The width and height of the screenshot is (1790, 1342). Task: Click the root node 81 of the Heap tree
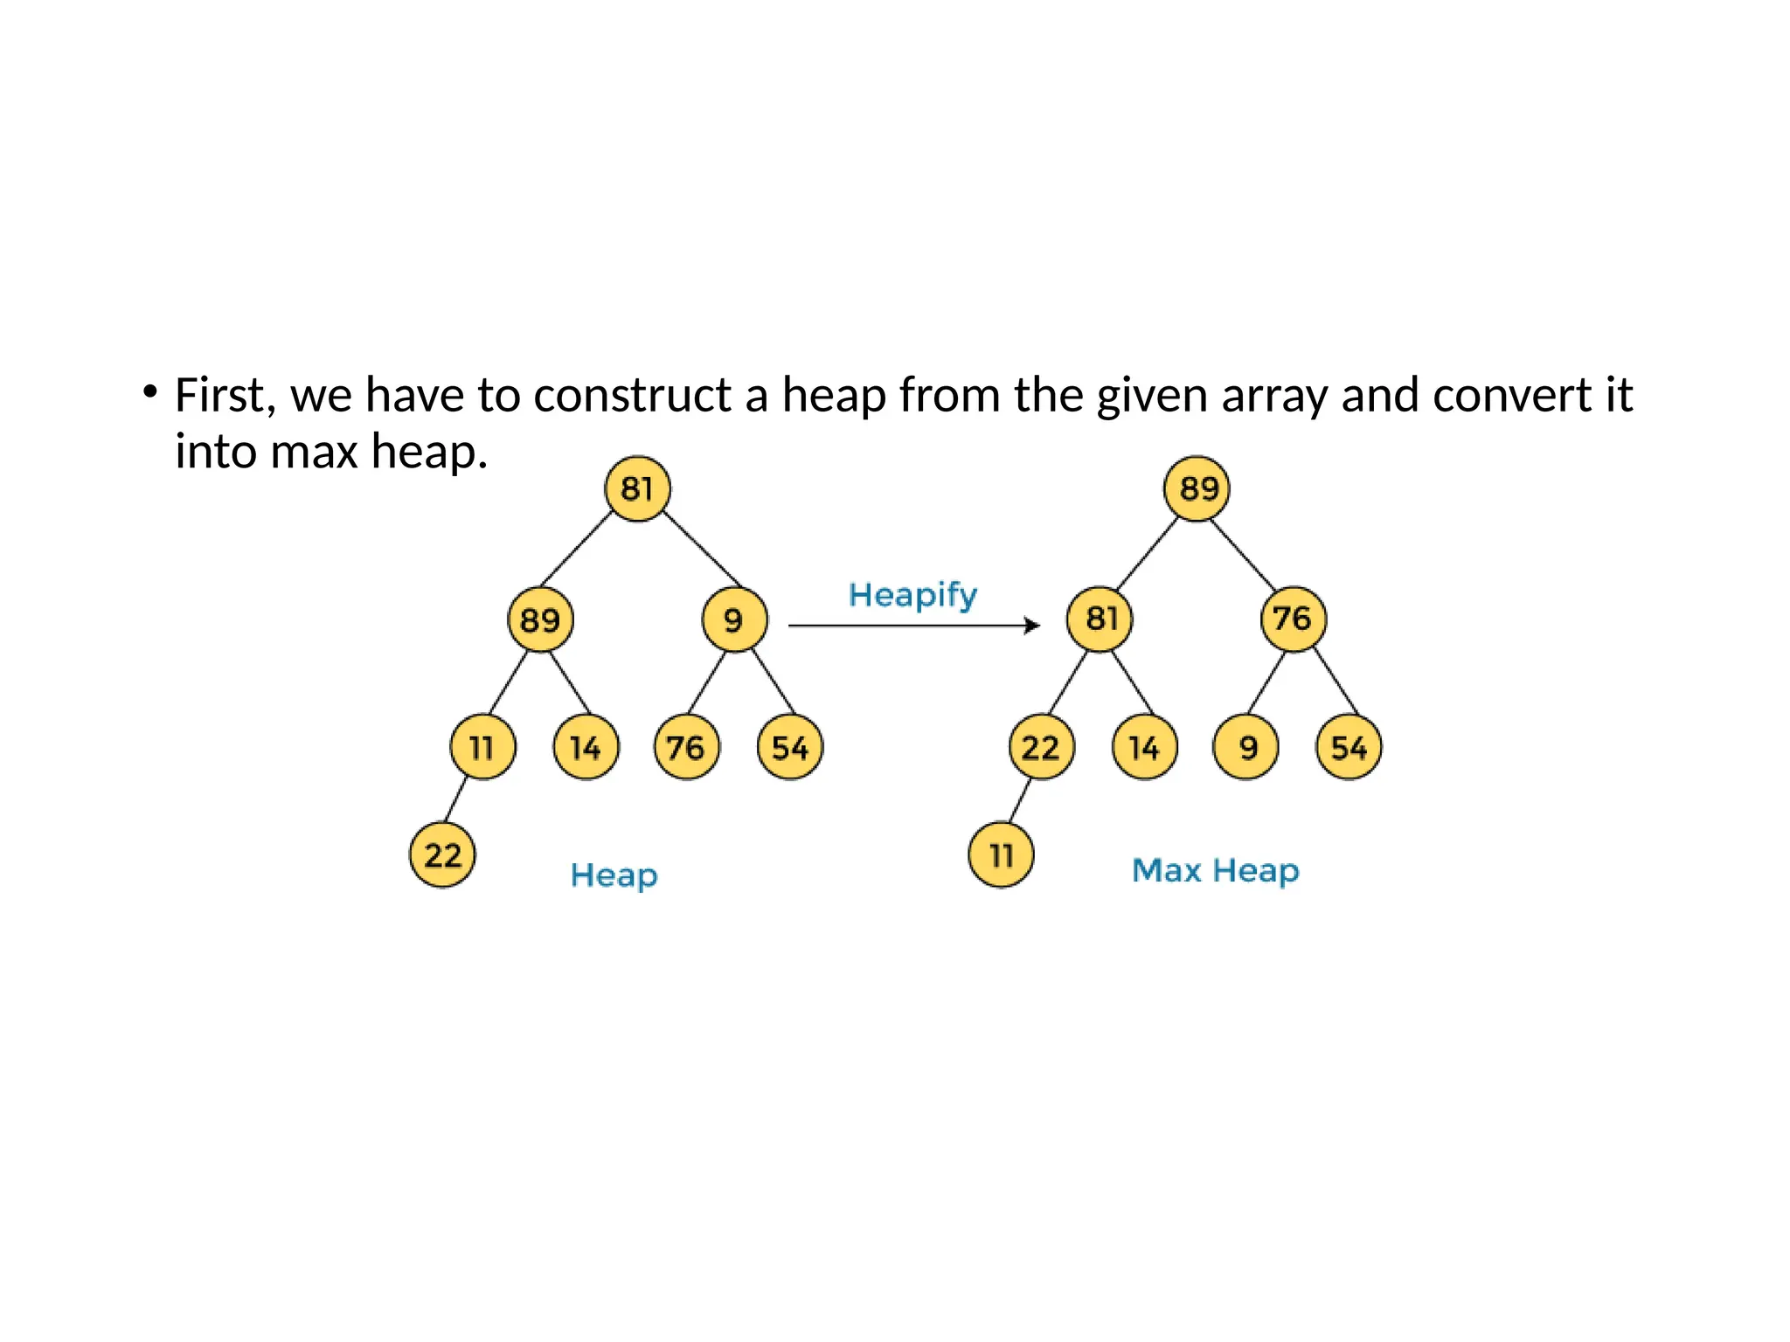[x=637, y=488]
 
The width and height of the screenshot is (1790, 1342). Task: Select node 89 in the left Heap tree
[x=540, y=619]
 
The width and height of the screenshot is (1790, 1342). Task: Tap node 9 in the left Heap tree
[x=734, y=619]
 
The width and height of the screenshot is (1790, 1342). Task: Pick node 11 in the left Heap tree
[x=482, y=747]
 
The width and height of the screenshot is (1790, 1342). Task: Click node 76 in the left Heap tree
[x=686, y=747]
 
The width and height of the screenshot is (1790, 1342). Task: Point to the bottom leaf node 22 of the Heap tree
[x=442, y=854]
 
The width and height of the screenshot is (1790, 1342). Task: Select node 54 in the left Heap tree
[x=790, y=747]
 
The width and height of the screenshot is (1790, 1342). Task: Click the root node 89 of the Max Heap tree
[x=1197, y=488]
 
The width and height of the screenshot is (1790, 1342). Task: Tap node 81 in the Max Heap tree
[x=1100, y=619]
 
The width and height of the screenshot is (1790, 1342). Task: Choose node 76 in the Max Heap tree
[x=1293, y=619]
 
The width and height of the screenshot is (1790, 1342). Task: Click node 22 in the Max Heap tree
[x=1041, y=747]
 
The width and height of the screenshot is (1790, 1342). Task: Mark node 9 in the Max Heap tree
[x=1246, y=747]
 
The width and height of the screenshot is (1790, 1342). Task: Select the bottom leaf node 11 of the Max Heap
[x=1001, y=854]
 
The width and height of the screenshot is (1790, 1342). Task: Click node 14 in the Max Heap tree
[x=1144, y=747]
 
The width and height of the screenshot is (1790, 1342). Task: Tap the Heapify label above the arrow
[x=912, y=596]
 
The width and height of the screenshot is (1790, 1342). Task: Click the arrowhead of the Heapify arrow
[x=1033, y=626]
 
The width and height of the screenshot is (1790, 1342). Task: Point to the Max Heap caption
[x=1215, y=871]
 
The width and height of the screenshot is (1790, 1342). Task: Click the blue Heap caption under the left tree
[x=614, y=875]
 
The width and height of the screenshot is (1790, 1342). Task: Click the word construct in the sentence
[x=632, y=395]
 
